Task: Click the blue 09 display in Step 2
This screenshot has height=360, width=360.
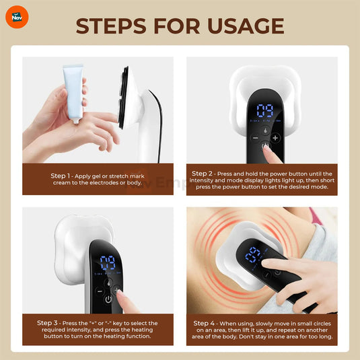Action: coord(265,110)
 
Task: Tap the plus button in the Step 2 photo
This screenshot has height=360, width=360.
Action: coord(275,137)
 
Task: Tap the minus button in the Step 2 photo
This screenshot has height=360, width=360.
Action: coord(256,137)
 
